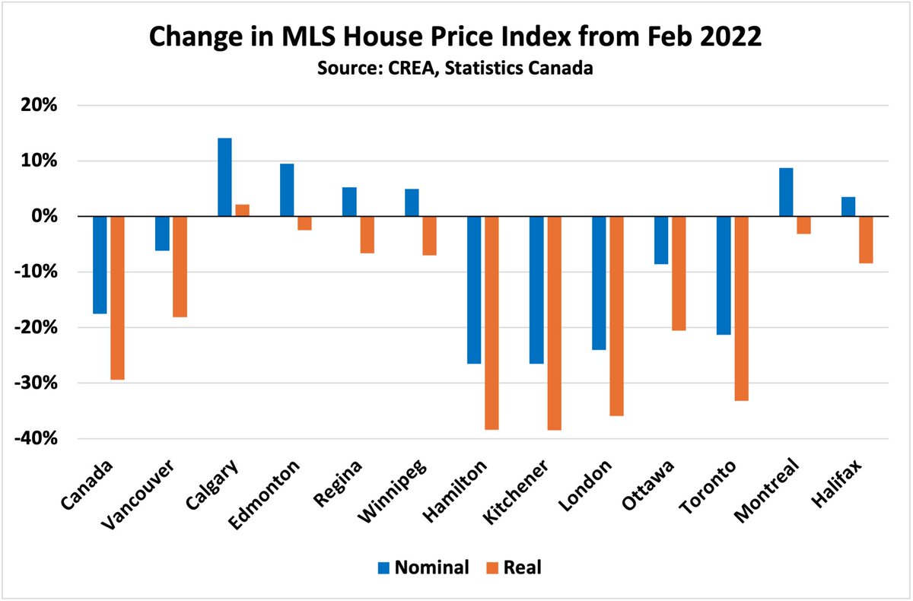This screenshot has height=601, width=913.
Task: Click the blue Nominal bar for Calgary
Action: pos(224,177)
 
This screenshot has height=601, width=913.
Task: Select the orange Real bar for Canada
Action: pos(117,298)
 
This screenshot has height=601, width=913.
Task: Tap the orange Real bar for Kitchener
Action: pos(555,323)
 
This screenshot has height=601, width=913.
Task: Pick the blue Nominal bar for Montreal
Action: pos(786,192)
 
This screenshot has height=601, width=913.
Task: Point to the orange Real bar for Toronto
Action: pos(741,308)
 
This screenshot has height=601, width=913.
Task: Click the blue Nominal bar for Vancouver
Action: pos(162,234)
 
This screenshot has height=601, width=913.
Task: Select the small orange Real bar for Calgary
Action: pos(243,210)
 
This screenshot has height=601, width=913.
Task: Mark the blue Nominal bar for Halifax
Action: pos(848,207)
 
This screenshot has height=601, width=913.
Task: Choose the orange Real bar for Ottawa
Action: pos(679,273)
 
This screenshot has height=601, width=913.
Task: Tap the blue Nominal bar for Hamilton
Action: pos(474,290)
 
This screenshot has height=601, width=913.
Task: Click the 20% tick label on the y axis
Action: pos(39,105)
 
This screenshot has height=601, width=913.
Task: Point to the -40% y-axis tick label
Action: pos(36,438)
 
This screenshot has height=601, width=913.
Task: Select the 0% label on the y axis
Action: pos(44,216)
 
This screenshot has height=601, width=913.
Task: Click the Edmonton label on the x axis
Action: pos(264,494)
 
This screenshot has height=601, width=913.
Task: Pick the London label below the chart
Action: pos(585,485)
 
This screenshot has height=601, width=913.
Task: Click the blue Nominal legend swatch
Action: pos(383,568)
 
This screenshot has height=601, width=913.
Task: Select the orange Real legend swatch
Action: pos(492,568)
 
